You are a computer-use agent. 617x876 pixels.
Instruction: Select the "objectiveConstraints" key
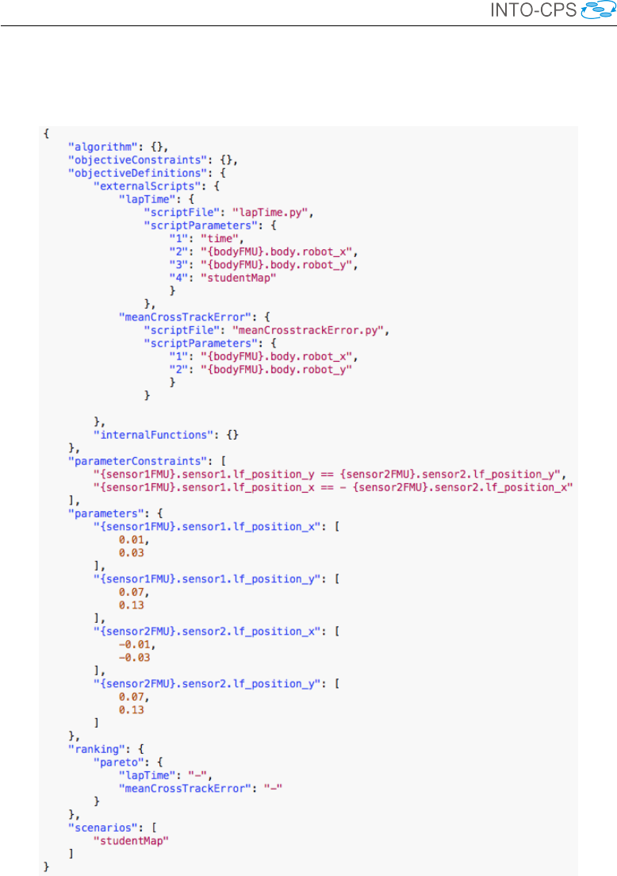(x=122, y=159)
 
